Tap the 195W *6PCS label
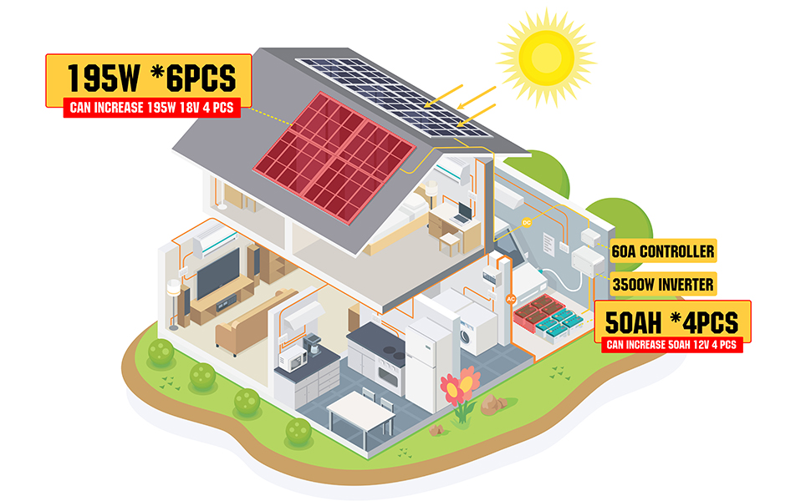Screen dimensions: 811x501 (150, 78)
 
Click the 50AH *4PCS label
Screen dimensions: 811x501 (672, 320)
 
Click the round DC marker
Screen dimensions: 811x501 (527, 222)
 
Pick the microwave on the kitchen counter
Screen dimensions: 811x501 (293, 360)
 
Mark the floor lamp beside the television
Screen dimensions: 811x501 (175, 301)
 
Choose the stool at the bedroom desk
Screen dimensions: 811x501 (450, 241)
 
